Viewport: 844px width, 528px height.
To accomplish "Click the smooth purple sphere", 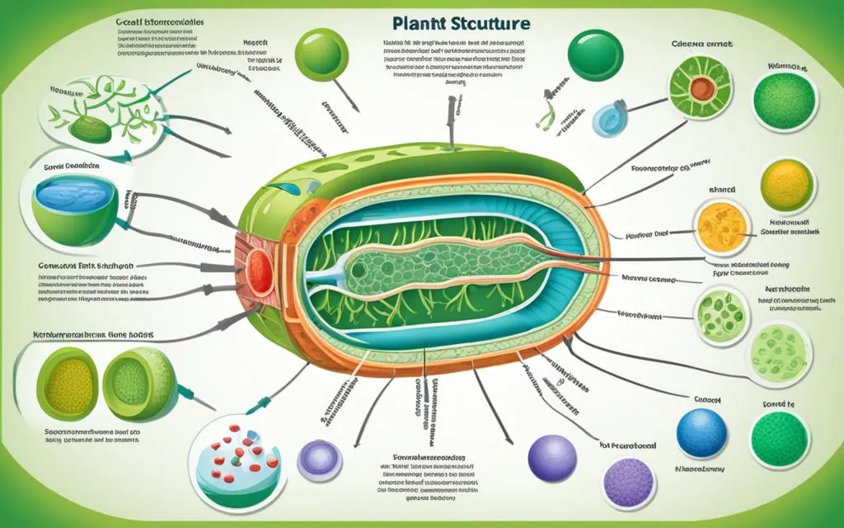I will coord(551,457).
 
